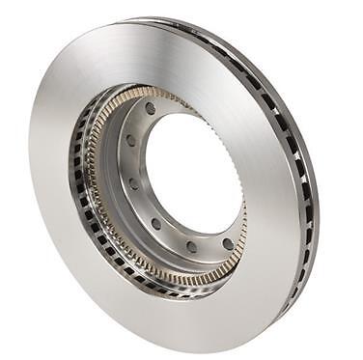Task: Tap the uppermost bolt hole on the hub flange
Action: [151, 108]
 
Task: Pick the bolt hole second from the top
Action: [131, 140]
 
